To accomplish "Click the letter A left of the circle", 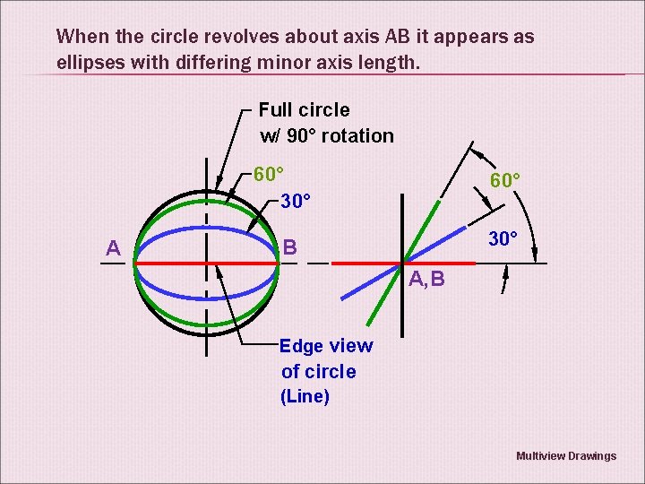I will pos(114,248).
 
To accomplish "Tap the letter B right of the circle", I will pos(290,246).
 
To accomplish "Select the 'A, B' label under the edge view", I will pos(426,281).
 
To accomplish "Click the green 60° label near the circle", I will pos(269,174).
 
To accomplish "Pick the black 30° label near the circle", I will pos(297,200).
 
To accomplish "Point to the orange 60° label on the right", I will pos(505,181).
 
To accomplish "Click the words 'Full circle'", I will pos(305,110).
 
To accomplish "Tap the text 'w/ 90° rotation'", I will pos(327,136).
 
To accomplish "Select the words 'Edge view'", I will pos(326,347).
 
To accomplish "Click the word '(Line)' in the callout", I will pos(305,396).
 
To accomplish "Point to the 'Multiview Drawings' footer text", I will pos(566,456).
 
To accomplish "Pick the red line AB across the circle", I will pos(170,263).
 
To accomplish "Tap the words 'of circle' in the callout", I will pos(318,372).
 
